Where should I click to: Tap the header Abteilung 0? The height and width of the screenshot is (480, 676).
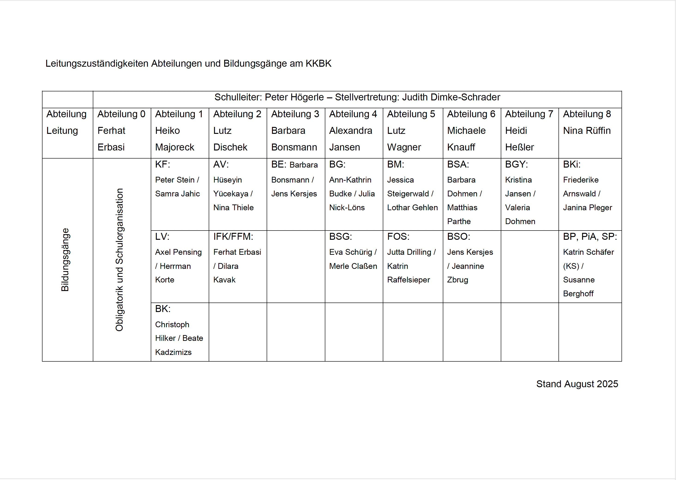point(121,114)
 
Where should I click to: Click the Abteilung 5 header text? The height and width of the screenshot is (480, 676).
point(411,114)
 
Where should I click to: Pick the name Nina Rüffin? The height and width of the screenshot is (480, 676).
point(586,131)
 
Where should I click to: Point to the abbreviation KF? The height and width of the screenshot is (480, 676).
point(162,164)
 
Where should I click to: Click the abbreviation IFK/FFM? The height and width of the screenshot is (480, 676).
point(233,237)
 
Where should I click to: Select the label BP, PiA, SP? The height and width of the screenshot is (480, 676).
point(590,237)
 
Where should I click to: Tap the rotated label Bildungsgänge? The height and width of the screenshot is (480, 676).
point(65,260)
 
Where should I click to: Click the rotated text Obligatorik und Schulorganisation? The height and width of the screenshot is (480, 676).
point(119,260)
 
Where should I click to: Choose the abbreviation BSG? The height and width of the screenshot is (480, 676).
point(340,237)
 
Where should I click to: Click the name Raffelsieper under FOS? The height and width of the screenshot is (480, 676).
point(408,280)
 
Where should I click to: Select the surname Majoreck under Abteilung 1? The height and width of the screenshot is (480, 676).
point(175,147)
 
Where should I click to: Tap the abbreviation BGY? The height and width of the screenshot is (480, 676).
point(516,164)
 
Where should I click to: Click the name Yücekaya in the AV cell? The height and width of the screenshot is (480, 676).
point(231,194)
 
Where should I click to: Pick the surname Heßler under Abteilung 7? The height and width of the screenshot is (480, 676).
point(519,147)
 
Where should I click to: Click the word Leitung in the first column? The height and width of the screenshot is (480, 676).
point(62,131)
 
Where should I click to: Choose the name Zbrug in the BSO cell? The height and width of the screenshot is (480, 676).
point(457,280)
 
